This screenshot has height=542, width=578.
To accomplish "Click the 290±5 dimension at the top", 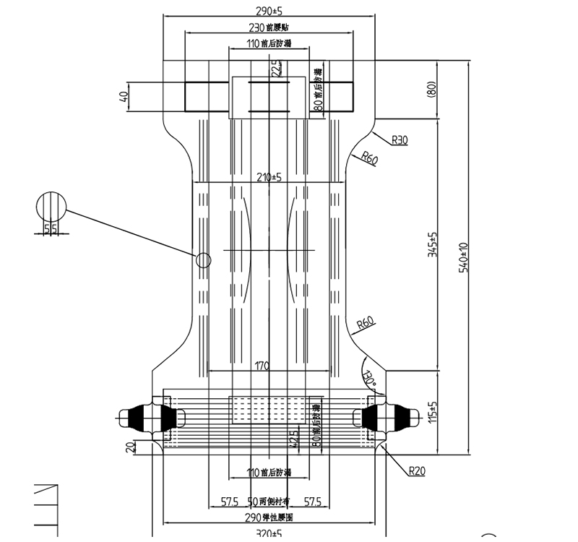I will pyautogui.click(x=268, y=12).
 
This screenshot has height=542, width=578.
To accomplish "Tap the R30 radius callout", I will pyautogui.click(x=399, y=140).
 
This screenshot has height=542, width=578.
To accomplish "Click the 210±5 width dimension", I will pyautogui.click(x=267, y=177).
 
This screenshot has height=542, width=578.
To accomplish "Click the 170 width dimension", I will pyautogui.click(x=261, y=366).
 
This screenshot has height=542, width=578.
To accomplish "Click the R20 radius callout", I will pyautogui.click(x=417, y=472).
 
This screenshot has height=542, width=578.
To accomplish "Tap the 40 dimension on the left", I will pyautogui.click(x=124, y=95).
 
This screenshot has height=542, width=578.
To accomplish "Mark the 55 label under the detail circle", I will pyautogui.click(x=51, y=229).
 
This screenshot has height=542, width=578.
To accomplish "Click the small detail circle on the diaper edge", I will pyautogui.click(x=204, y=260).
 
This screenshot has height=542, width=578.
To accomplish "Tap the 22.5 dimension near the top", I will pyautogui.click(x=275, y=69).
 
